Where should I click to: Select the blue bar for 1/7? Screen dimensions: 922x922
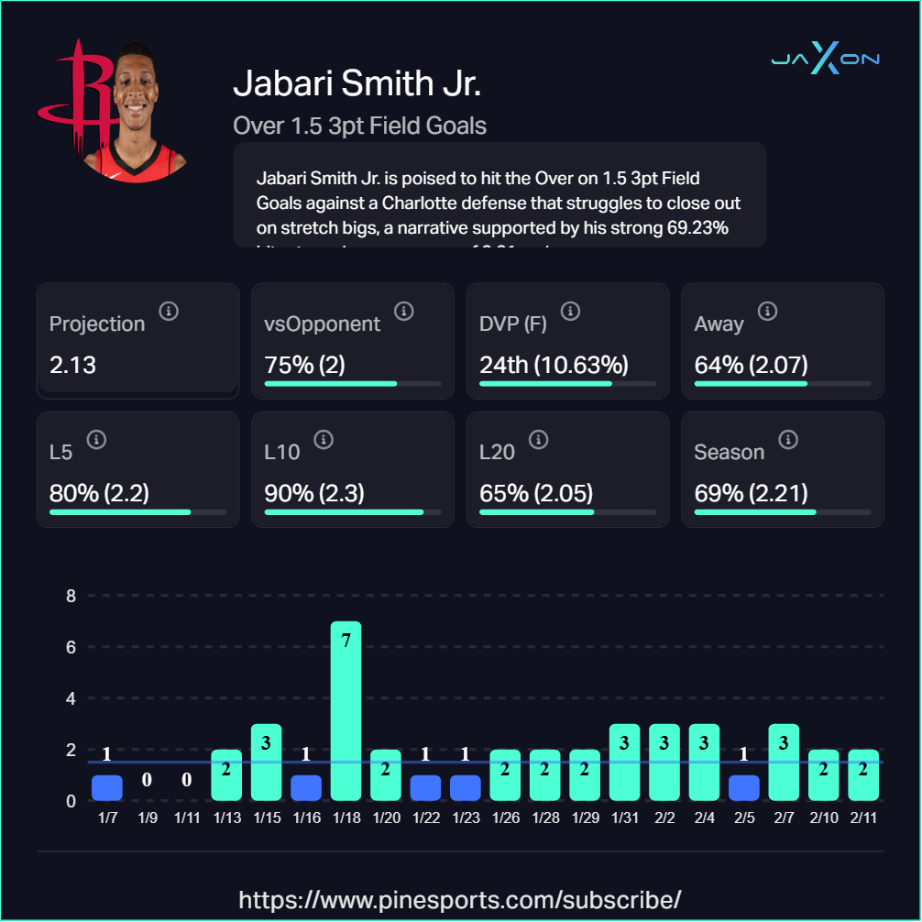(x=106, y=787)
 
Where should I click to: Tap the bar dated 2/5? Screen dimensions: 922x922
(x=744, y=787)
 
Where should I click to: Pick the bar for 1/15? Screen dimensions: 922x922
(x=266, y=762)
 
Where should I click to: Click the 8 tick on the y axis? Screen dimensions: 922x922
(x=70, y=596)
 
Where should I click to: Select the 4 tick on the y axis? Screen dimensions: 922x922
(x=70, y=698)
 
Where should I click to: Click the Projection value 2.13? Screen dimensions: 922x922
(x=73, y=365)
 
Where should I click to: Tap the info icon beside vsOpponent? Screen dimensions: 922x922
(x=403, y=312)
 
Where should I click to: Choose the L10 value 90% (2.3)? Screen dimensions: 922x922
(x=314, y=493)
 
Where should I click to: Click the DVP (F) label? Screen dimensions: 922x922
(x=515, y=324)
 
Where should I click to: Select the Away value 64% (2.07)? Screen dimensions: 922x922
(x=752, y=365)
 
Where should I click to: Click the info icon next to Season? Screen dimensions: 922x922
(x=787, y=440)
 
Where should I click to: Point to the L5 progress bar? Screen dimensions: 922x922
(x=137, y=512)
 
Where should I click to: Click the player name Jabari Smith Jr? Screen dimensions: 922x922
(x=357, y=83)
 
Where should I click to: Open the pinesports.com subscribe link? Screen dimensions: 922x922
(x=460, y=898)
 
